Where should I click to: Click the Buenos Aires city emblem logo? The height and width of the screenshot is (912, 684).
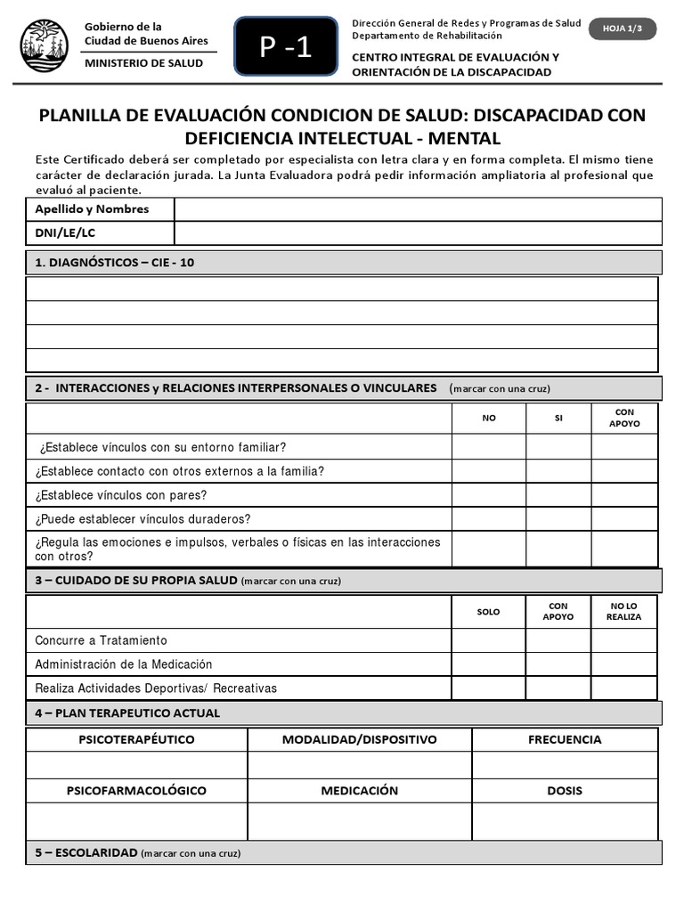click(44, 45)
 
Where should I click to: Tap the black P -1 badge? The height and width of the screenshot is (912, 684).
click(286, 47)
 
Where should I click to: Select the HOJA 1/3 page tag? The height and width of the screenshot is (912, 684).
click(623, 28)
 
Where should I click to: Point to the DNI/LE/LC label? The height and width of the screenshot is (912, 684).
click(65, 233)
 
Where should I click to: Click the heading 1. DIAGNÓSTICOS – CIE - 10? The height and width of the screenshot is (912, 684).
click(114, 263)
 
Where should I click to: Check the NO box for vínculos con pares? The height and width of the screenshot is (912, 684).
click(488, 495)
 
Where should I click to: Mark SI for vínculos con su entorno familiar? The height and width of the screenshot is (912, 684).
click(558, 447)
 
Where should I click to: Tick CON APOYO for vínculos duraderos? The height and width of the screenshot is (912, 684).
click(624, 519)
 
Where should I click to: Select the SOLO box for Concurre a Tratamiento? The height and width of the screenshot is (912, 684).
click(488, 640)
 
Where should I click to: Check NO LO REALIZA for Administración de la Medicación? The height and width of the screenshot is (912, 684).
click(624, 664)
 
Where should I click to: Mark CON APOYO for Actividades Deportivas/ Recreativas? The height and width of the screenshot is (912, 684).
click(558, 688)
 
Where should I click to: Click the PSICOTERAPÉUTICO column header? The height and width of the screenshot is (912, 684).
click(136, 739)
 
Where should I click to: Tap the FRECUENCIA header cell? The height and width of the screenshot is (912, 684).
click(565, 739)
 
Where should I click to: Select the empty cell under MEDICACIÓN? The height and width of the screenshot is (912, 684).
click(360, 822)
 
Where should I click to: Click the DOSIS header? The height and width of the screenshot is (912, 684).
click(565, 791)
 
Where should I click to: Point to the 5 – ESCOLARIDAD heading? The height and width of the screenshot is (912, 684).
click(86, 852)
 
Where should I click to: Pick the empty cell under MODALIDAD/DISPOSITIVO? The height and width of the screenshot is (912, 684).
click(360, 765)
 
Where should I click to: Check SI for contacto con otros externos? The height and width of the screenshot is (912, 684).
click(558, 471)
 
